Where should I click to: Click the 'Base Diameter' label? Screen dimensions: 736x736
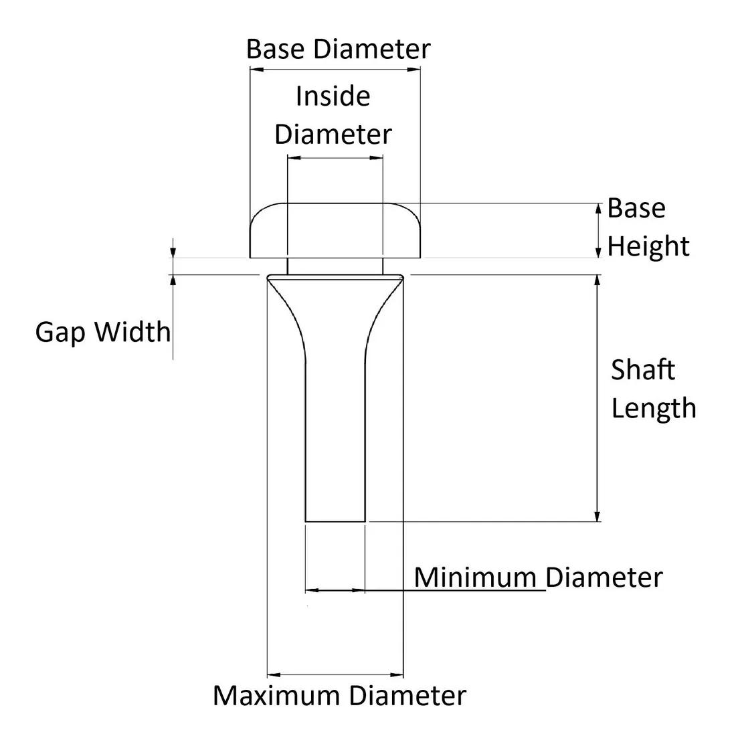tap(338, 50)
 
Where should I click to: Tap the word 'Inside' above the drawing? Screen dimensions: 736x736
tap(333, 96)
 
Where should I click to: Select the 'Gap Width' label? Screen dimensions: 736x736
tap(103, 332)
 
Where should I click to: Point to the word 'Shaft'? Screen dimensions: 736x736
tap(643, 370)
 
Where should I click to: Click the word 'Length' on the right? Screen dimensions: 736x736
tap(654, 408)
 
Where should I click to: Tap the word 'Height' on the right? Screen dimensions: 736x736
tap(648, 246)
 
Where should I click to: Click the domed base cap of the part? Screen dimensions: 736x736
tap(335, 229)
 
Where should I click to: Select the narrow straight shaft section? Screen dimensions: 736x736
tap(335, 442)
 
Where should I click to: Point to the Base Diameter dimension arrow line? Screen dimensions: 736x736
tap(335, 70)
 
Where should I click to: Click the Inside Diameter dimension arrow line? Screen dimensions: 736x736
tap(335, 158)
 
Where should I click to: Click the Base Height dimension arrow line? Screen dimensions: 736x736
tap(598, 230)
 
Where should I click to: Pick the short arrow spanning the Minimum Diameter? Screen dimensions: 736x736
tap(335, 590)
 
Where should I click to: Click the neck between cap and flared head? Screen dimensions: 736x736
tap(335, 266)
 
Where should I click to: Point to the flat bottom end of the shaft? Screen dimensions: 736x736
tap(335, 521)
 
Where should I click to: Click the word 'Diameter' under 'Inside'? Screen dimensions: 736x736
tap(333, 134)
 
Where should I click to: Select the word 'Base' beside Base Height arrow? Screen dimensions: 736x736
tap(636, 209)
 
